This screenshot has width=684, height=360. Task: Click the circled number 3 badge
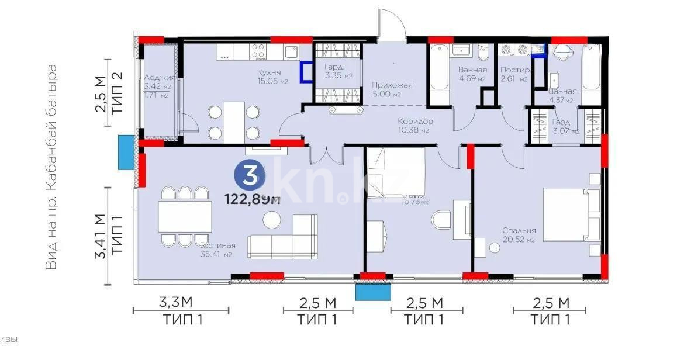click(248, 176)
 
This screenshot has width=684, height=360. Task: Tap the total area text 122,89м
click(253, 200)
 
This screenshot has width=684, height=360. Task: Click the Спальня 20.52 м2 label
click(519, 235)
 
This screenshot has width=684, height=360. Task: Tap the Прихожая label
click(392, 85)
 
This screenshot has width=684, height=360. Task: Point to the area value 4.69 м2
click(472, 78)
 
